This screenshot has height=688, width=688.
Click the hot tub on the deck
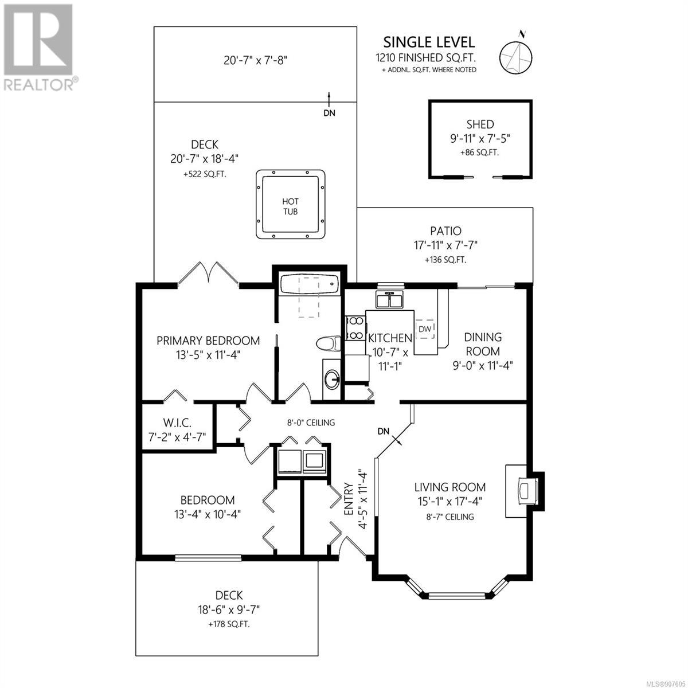(x=290, y=205)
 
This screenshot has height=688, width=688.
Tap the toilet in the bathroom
(x=329, y=343)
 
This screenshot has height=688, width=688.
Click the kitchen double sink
(x=389, y=299)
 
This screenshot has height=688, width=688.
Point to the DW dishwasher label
(x=425, y=329)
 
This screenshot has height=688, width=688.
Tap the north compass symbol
(x=516, y=54)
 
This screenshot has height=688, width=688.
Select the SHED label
(x=480, y=124)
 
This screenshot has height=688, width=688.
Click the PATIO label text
(x=445, y=231)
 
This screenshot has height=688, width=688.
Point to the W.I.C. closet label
(x=177, y=423)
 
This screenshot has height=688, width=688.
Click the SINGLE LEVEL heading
(x=429, y=42)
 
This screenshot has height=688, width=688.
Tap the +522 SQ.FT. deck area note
(x=205, y=175)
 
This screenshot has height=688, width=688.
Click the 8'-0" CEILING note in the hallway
(x=311, y=423)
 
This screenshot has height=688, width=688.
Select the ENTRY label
(x=349, y=499)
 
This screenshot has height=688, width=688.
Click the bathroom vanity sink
(x=332, y=379)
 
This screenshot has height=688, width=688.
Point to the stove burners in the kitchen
(x=355, y=328)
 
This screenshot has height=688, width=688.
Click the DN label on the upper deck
(x=329, y=113)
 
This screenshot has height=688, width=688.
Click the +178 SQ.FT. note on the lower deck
(x=229, y=624)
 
